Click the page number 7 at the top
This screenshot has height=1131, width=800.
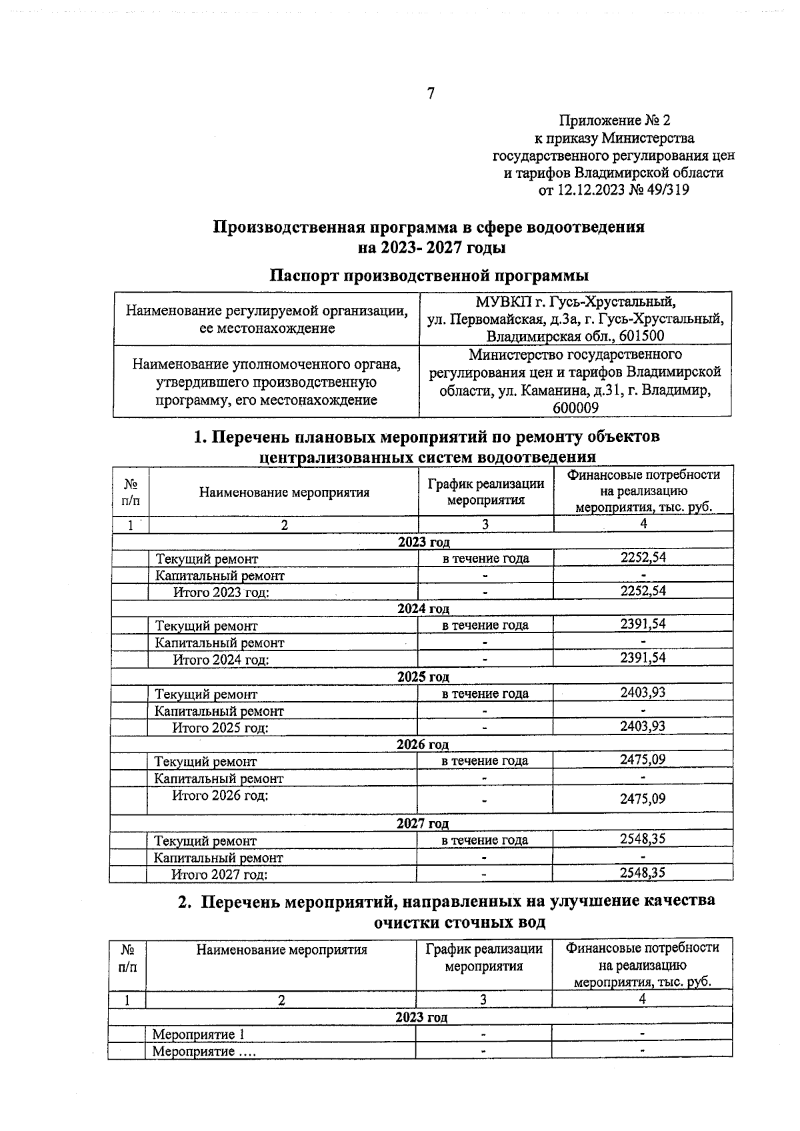point(431,94)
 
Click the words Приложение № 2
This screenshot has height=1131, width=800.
point(614,121)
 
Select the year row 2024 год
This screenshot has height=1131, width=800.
point(423,608)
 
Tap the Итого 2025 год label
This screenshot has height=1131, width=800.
point(221,728)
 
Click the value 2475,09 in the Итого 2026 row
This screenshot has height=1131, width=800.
point(643,798)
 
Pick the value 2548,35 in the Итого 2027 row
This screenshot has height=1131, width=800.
point(643,872)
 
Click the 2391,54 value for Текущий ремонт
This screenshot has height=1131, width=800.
point(643,624)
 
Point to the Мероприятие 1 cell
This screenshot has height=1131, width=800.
point(199,1034)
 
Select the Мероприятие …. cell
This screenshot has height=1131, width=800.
point(204,1052)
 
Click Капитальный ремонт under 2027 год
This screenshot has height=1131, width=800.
point(219,858)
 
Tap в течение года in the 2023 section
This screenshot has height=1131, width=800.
point(485,559)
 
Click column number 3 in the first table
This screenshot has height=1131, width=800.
point(485,525)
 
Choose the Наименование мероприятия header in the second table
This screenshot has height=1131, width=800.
point(281,950)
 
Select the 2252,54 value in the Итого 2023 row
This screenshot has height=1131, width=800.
point(643,591)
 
